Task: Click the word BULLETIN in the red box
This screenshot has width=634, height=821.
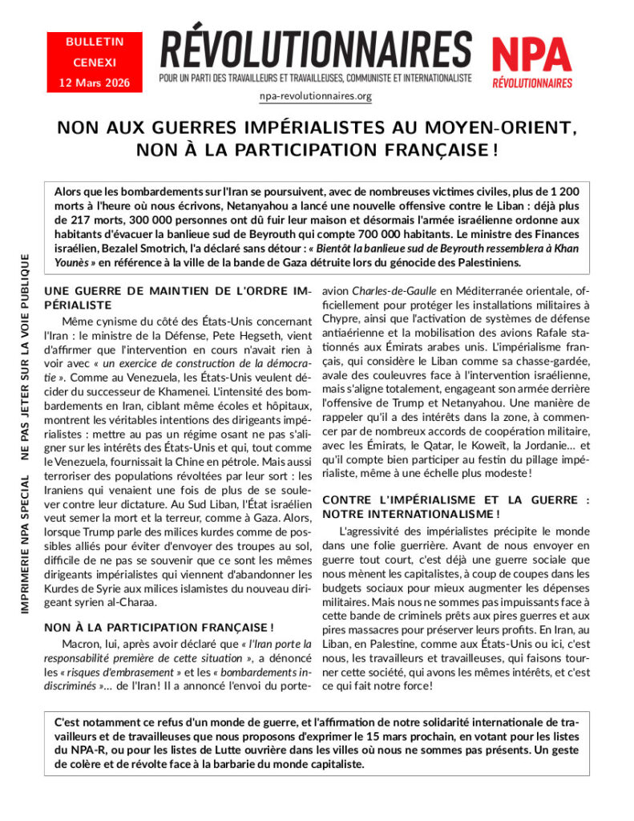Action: pyautogui.click(x=95, y=42)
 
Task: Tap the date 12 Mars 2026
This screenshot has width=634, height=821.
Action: pyautogui.click(x=95, y=83)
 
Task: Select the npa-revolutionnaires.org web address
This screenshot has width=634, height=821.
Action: pyautogui.click(x=316, y=96)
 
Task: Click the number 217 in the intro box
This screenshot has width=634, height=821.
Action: pyautogui.click(x=85, y=220)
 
